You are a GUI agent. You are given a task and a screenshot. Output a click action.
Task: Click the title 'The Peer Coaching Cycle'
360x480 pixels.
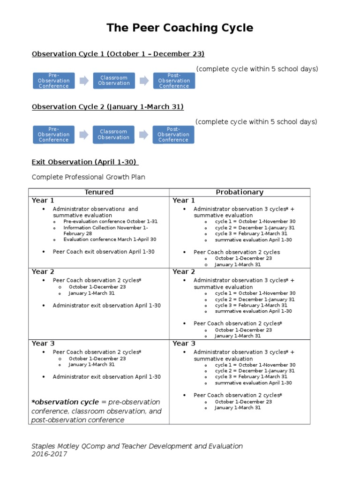pos(180,28)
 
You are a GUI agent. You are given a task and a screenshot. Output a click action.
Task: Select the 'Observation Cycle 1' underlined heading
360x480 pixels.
pos(118,54)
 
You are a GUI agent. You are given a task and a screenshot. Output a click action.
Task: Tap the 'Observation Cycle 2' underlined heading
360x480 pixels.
pos(107,107)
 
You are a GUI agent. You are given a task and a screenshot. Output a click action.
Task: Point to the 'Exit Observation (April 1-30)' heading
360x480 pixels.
pos(84,162)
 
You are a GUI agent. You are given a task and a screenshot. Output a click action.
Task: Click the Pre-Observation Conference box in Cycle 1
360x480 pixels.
pos(53,81)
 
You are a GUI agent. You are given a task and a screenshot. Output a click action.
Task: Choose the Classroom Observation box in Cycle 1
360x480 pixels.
pos(114,81)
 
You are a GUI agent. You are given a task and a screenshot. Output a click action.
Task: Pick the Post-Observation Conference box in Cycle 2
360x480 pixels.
pos(173,135)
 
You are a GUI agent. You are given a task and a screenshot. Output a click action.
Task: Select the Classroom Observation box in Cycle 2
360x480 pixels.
pos(113,135)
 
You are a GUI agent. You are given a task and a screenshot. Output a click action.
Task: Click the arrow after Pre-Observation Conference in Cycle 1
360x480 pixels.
pos(84,81)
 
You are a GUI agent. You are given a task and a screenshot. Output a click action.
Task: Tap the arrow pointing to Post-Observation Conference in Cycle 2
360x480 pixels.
pos(143,135)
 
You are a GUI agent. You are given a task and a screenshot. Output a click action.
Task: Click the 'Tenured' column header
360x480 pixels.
pos(99,192)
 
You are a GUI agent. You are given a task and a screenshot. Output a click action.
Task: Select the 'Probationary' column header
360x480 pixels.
pos(240,192)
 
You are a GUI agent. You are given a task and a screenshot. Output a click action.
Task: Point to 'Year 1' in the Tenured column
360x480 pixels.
pos(43,201)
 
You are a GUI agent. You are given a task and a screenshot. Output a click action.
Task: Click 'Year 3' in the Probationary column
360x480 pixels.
pos(184,344)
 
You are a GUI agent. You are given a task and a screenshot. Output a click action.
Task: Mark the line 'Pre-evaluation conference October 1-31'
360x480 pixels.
pos(111,221)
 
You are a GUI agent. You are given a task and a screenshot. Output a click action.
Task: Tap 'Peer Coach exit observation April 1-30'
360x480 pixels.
pos(104,252)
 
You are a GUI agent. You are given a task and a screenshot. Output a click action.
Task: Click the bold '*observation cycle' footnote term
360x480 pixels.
pos(65,402)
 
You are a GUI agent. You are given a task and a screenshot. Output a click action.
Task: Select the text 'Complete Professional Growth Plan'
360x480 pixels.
pos(88,177)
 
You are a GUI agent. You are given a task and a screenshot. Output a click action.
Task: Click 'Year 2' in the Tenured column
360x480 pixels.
pos(43,272)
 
